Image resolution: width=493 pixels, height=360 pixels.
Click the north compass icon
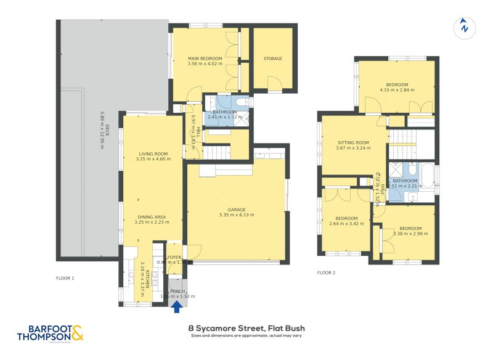pos(464,27)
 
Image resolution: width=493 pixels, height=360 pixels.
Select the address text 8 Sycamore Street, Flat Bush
pos(246,329)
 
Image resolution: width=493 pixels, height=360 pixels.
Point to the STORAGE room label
pos(272,59)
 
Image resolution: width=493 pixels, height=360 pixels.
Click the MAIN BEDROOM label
pos(205,59)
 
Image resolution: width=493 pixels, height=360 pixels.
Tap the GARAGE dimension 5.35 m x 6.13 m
pos(237,215)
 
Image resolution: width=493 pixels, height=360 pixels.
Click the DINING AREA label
pos(152,216)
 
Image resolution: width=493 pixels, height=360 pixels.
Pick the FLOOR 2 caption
pos(326,272)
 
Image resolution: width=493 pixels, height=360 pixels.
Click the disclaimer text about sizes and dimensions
pos(246,337)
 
